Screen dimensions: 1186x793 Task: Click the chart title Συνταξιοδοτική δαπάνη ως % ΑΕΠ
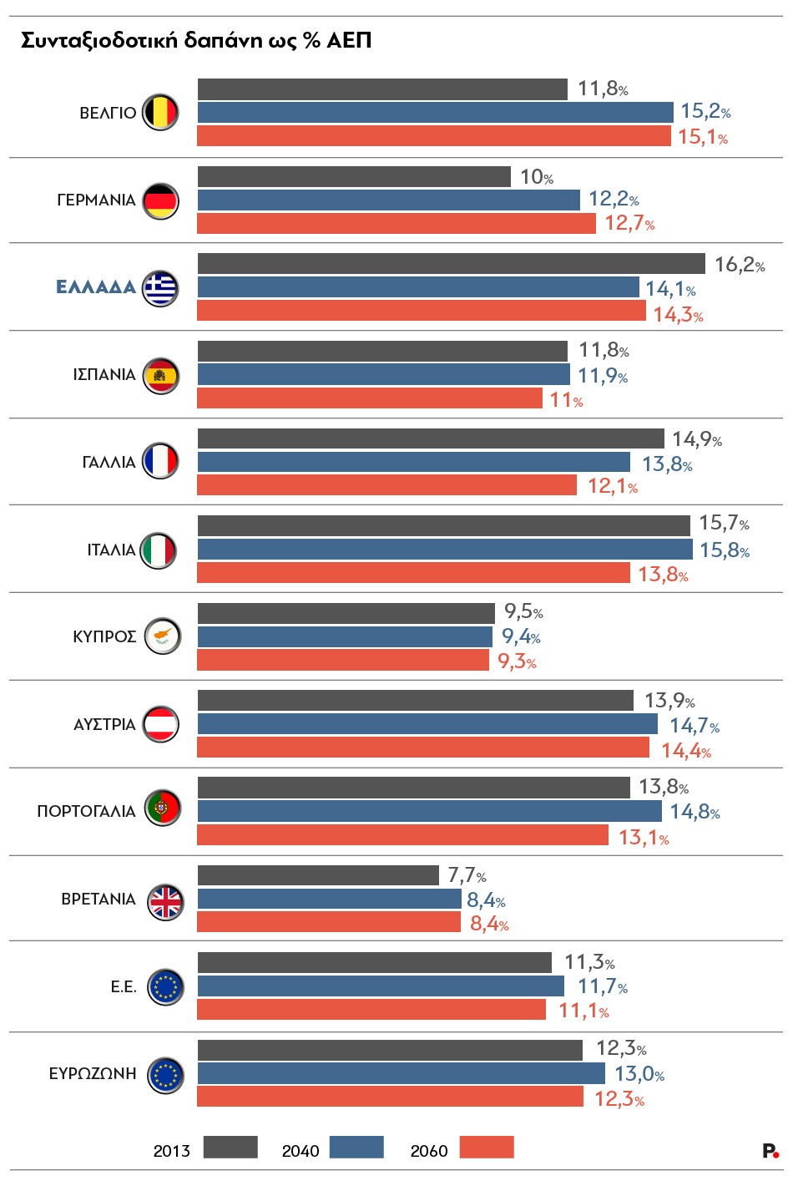coord(196,41)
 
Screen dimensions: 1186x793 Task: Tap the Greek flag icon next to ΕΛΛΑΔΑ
coord(160,288)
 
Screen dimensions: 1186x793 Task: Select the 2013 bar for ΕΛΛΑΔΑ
coord(451,264)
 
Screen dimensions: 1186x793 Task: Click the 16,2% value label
coord(740,265)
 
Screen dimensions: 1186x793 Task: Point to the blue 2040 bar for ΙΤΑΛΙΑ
coord(445,550)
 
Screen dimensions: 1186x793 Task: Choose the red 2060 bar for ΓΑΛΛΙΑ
coord(386,485)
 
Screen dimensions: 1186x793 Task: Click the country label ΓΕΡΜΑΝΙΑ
coord(96,200)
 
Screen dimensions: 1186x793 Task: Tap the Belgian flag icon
coord(160,113)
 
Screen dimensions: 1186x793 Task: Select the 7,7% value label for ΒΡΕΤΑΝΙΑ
coord(467,875)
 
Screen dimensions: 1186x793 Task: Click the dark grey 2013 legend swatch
coord(230,1148)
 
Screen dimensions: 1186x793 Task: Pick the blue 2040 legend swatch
coord(356,1148)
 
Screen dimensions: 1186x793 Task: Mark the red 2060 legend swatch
coord(487,1148)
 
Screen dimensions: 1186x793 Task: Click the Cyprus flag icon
coord(162,636)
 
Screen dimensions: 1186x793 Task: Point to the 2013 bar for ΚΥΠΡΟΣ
coord(346,613)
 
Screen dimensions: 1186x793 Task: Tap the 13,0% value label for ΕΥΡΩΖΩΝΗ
coord(639,1074)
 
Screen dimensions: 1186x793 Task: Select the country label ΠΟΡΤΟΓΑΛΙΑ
coord(86,812)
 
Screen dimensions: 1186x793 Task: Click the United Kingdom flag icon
coord(164,900)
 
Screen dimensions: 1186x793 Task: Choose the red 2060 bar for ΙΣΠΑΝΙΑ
coord(370,398)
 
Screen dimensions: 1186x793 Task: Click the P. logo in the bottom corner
coord(770,1151)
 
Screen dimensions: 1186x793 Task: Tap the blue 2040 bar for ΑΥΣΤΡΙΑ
coord(427,724)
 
